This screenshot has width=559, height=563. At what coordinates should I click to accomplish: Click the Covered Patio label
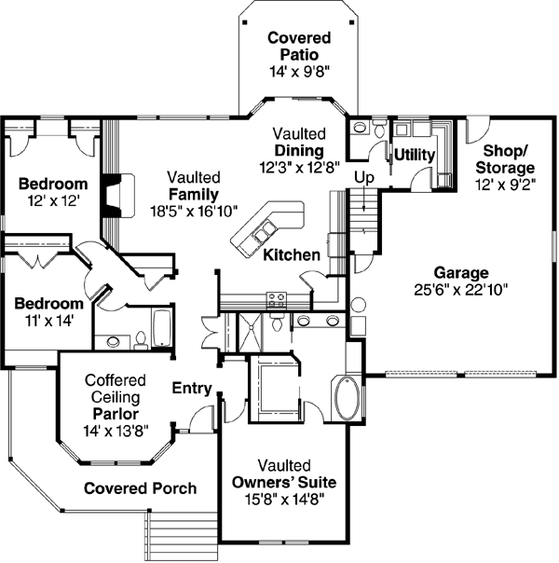299,47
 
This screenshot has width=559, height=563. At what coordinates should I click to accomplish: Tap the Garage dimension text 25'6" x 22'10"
461,289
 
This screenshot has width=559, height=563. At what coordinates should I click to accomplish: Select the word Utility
415,155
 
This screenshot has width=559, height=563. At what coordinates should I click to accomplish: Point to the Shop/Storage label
505,159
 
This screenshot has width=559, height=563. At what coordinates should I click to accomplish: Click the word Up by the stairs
364,178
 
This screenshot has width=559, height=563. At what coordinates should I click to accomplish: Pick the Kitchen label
292,254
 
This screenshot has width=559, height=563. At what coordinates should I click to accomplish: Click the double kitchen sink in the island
265,230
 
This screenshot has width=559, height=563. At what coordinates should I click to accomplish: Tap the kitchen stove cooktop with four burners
277,300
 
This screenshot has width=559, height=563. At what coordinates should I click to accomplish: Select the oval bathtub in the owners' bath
347,397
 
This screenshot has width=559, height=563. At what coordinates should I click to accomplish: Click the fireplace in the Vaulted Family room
117,196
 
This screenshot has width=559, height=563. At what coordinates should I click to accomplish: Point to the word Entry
192,388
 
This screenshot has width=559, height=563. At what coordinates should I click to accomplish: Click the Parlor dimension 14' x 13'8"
116,431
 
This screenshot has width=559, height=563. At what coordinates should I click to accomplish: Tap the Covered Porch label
141,488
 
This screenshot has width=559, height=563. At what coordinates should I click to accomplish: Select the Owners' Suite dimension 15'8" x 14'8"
284,499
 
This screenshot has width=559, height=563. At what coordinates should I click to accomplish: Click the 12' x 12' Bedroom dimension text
53,200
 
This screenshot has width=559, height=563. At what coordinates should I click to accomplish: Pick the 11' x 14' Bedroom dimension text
49,321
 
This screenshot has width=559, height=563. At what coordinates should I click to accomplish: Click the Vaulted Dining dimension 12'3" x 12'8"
299,168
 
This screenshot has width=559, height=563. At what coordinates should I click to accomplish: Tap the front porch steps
182,536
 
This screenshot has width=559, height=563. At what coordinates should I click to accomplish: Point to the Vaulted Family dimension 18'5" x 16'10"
194,212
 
